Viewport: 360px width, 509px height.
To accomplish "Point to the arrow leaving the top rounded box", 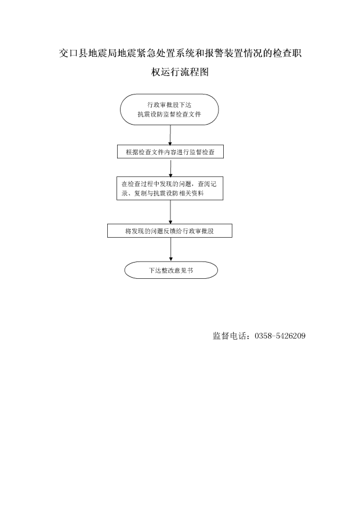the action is click(170, 135).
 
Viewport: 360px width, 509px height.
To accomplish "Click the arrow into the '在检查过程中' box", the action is click(170, 168).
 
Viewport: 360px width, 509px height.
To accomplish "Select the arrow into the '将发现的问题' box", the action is click(170, 212).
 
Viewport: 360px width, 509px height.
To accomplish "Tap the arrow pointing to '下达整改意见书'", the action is click(171, 250).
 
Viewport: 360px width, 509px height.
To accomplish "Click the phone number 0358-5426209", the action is click(280, 336).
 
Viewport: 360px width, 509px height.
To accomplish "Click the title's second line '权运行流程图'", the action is click(180, 72).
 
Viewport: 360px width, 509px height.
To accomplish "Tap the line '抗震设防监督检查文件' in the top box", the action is click(169, 114).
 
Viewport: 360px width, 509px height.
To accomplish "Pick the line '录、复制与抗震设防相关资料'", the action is click(163, 193).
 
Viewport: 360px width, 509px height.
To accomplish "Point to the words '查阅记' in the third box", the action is click(207, 184).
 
